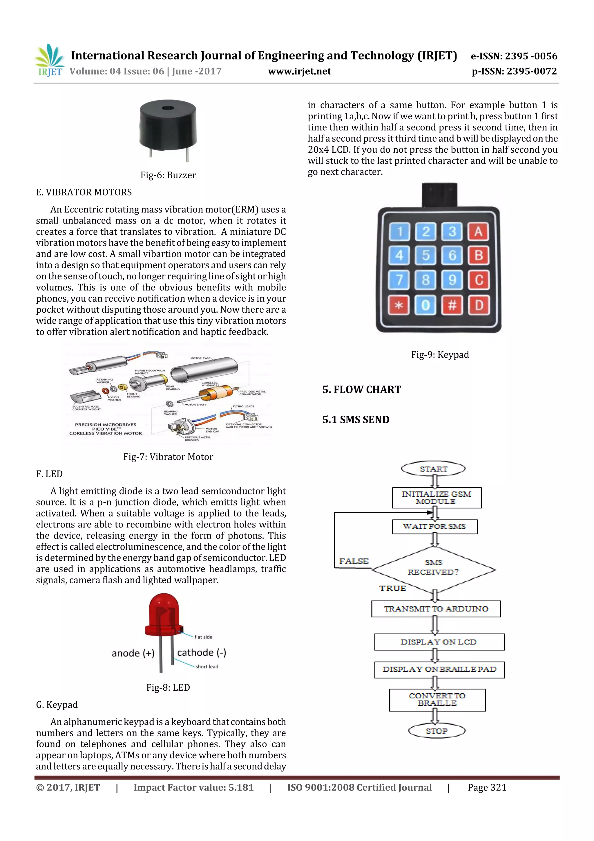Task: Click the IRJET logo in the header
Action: pos(49,60)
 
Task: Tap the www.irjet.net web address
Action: pos(299,71)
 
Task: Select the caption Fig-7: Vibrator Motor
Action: pos(168,457)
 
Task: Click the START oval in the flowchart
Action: pos(433,469)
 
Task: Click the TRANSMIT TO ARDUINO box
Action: pos(436,609)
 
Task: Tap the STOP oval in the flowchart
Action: pos(436,731)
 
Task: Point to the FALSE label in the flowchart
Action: pos(354,561)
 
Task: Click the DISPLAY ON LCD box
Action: pos(439,642)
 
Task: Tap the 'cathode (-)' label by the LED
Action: pos(201,652)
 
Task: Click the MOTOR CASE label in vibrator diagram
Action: pos(200,358)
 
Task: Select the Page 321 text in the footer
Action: pos(487,788)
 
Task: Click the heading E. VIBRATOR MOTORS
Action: pos(84,192)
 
